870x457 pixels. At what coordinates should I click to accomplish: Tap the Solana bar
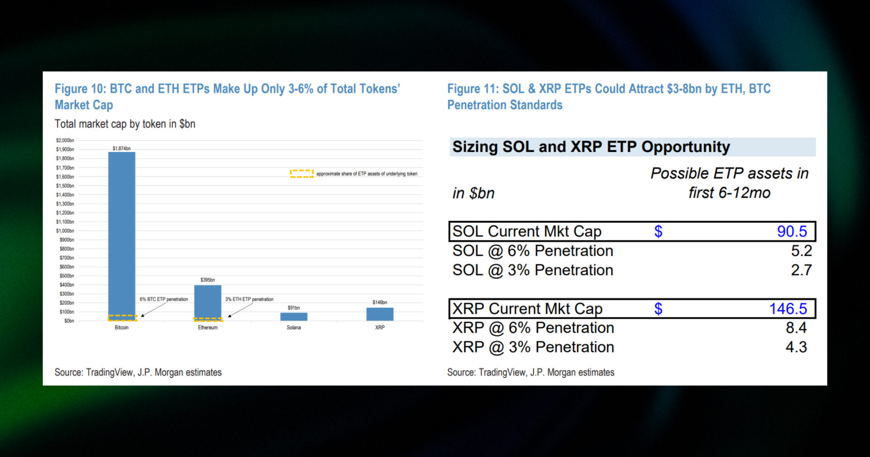coord(294,316)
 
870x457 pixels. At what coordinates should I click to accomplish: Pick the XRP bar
coord(380,314)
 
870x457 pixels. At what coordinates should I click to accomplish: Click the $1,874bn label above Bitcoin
coord(121,148)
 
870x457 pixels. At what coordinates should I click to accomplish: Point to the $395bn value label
coord(208,280)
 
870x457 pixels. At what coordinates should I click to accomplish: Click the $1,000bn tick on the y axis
coord(65,231)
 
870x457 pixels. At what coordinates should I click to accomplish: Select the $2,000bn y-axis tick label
coord(65,140)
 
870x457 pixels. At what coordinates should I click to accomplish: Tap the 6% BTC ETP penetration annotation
coord(164,299)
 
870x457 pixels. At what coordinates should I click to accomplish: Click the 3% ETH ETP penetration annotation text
coord(249,299)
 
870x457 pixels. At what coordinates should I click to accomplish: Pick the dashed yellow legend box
coord(301,174)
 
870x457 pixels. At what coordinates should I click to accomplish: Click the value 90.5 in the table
coord(792,231)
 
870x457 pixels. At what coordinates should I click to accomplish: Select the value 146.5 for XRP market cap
coord(788,309)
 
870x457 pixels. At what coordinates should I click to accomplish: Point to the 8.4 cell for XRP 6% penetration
coord(796,328)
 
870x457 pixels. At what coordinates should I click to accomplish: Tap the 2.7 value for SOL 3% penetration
coord(801,270)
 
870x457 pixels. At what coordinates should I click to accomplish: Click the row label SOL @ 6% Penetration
coord(532,251)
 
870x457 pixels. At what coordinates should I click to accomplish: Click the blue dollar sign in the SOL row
coord(658,231)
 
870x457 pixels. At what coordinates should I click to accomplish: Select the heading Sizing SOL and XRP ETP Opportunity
coord(591,147)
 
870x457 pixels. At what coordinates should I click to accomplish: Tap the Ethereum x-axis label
coord(208,327)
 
